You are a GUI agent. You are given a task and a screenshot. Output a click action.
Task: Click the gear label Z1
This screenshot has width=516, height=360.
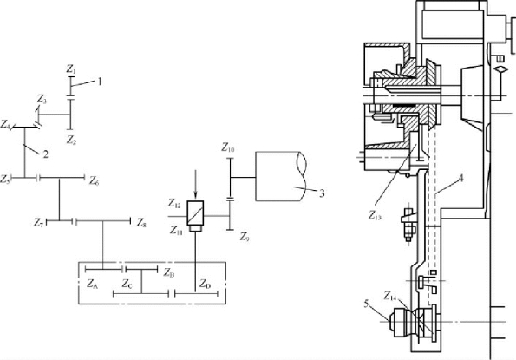click(71, 69)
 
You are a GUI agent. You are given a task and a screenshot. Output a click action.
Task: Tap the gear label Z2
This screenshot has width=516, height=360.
click(71, 141)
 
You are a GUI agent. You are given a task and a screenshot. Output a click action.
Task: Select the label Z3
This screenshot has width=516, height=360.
click(42, 99)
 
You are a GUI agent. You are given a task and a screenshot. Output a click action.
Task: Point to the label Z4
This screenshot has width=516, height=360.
click(5, 124)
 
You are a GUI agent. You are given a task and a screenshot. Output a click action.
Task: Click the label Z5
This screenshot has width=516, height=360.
click(5, 179)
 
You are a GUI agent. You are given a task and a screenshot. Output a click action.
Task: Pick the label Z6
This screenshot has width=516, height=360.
click(95, 180)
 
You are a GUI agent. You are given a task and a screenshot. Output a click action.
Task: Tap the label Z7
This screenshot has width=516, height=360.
click(38, 223)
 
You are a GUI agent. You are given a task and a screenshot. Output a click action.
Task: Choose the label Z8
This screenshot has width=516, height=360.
click(141, 223)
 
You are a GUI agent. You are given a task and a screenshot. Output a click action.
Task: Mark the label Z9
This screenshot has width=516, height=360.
click(245, 237)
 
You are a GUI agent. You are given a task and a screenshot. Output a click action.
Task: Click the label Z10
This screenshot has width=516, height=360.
click(228, 147)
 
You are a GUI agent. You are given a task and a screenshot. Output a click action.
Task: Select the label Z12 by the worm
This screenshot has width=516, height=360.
click(174, 204)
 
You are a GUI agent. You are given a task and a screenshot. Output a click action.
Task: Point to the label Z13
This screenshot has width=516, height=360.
click(375, 215)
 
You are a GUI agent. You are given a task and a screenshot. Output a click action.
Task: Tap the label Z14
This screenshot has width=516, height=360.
click(390, 296)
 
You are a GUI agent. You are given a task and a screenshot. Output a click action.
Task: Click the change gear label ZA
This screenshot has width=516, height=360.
click(93, 284)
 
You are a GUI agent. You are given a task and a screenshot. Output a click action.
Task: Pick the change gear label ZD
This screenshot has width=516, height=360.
click(205, 284)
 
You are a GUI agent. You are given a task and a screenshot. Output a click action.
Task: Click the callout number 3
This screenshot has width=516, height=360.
click(322, 193)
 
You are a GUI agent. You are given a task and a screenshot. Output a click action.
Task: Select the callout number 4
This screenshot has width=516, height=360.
click(460, 179)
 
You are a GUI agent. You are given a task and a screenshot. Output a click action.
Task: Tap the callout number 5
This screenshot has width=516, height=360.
click(367, 304)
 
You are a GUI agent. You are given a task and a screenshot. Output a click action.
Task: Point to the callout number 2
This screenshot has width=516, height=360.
click(45, 154)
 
